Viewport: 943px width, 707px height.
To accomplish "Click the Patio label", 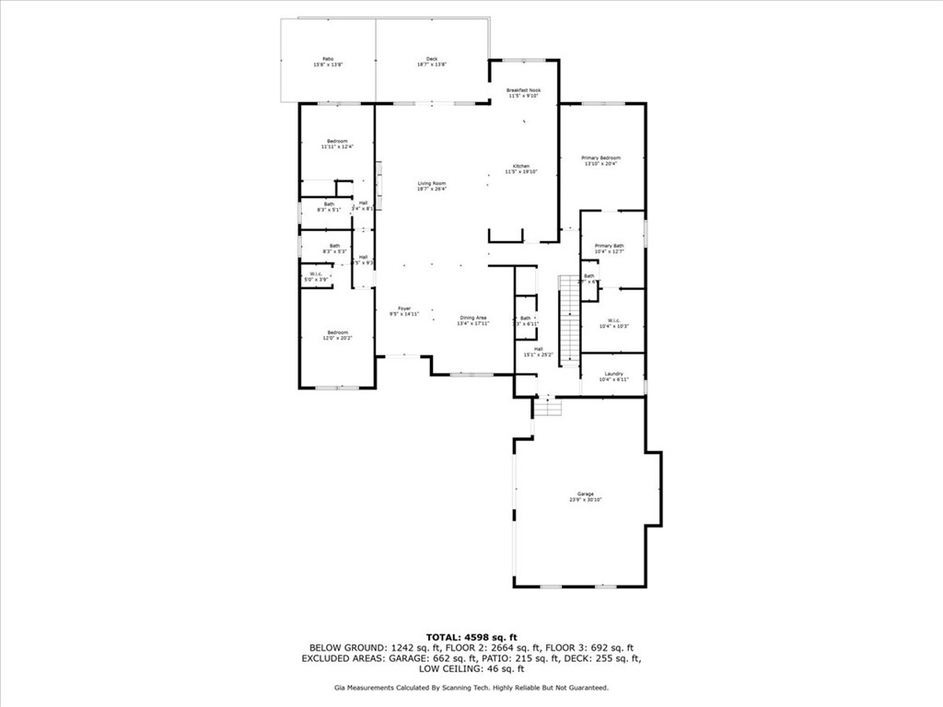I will [x=328, y=61].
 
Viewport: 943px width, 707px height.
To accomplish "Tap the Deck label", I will [x=432, y=61].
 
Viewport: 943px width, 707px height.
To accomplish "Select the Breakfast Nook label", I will [x=523, y=93].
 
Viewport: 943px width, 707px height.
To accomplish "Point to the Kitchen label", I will [x=521, y=168].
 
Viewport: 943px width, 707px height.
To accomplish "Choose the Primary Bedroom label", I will [x=600, y=160].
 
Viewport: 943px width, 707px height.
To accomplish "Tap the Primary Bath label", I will [x=609, y=249].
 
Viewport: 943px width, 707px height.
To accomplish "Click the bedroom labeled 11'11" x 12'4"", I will [x=336, y=144].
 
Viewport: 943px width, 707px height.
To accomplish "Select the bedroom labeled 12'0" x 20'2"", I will [x=336, y=335].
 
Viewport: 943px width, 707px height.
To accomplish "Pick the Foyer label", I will [x=404, y=311].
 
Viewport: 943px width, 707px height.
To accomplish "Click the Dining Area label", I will [x=473, y=320].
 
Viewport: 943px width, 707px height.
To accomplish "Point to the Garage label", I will [x=586, y=496].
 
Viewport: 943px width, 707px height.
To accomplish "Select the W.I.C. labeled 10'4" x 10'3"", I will [x=613, y=323].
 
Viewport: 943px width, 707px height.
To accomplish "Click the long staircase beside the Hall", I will [x=570, y=318].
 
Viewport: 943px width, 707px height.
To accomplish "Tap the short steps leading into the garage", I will [x=548, y=406].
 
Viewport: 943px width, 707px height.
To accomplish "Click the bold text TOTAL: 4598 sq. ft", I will [x=471, y=637].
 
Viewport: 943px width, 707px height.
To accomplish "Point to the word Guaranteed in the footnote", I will [x=587, y=688].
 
